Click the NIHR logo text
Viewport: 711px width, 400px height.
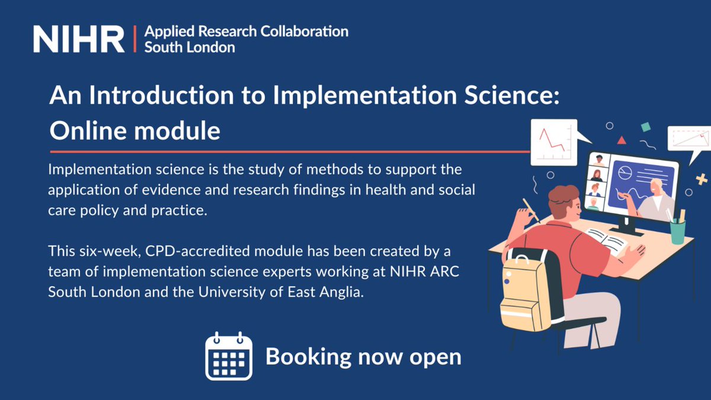coord(79,39)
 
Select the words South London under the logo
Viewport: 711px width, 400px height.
coord(190,47)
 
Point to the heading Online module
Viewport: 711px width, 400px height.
coord(134,130)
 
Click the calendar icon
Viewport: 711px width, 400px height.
coord(229,357)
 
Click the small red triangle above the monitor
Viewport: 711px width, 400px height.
coord(621,140)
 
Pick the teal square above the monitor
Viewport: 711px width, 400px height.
coord(646,127)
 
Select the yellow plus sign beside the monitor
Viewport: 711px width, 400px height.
coord(702,179)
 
